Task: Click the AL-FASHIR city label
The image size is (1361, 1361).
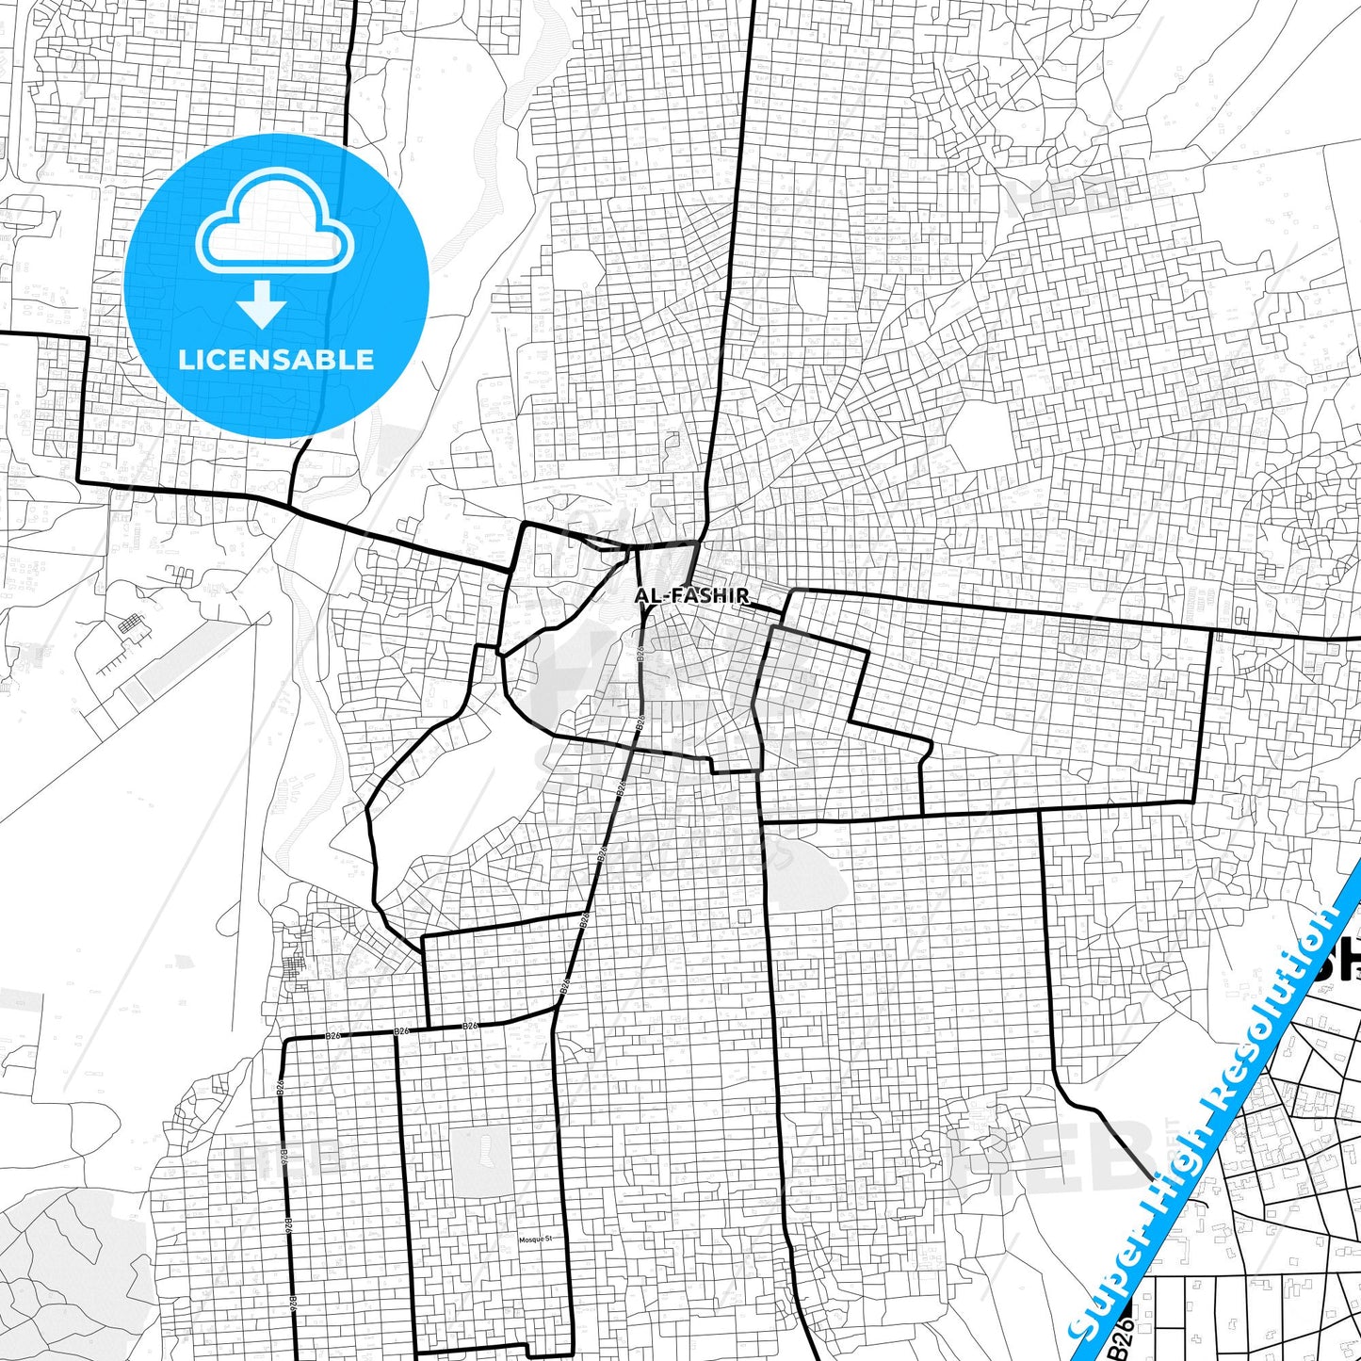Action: point(692,595)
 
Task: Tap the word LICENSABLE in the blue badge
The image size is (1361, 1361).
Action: point(276,360)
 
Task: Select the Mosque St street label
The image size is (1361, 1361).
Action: point(534,1239)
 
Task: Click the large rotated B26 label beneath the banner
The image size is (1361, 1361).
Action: point(1121,1336)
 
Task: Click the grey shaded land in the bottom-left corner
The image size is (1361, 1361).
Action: point(66,1262)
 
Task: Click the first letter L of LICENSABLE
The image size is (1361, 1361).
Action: point(185,360)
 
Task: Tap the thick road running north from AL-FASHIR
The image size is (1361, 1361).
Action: point(735,283)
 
